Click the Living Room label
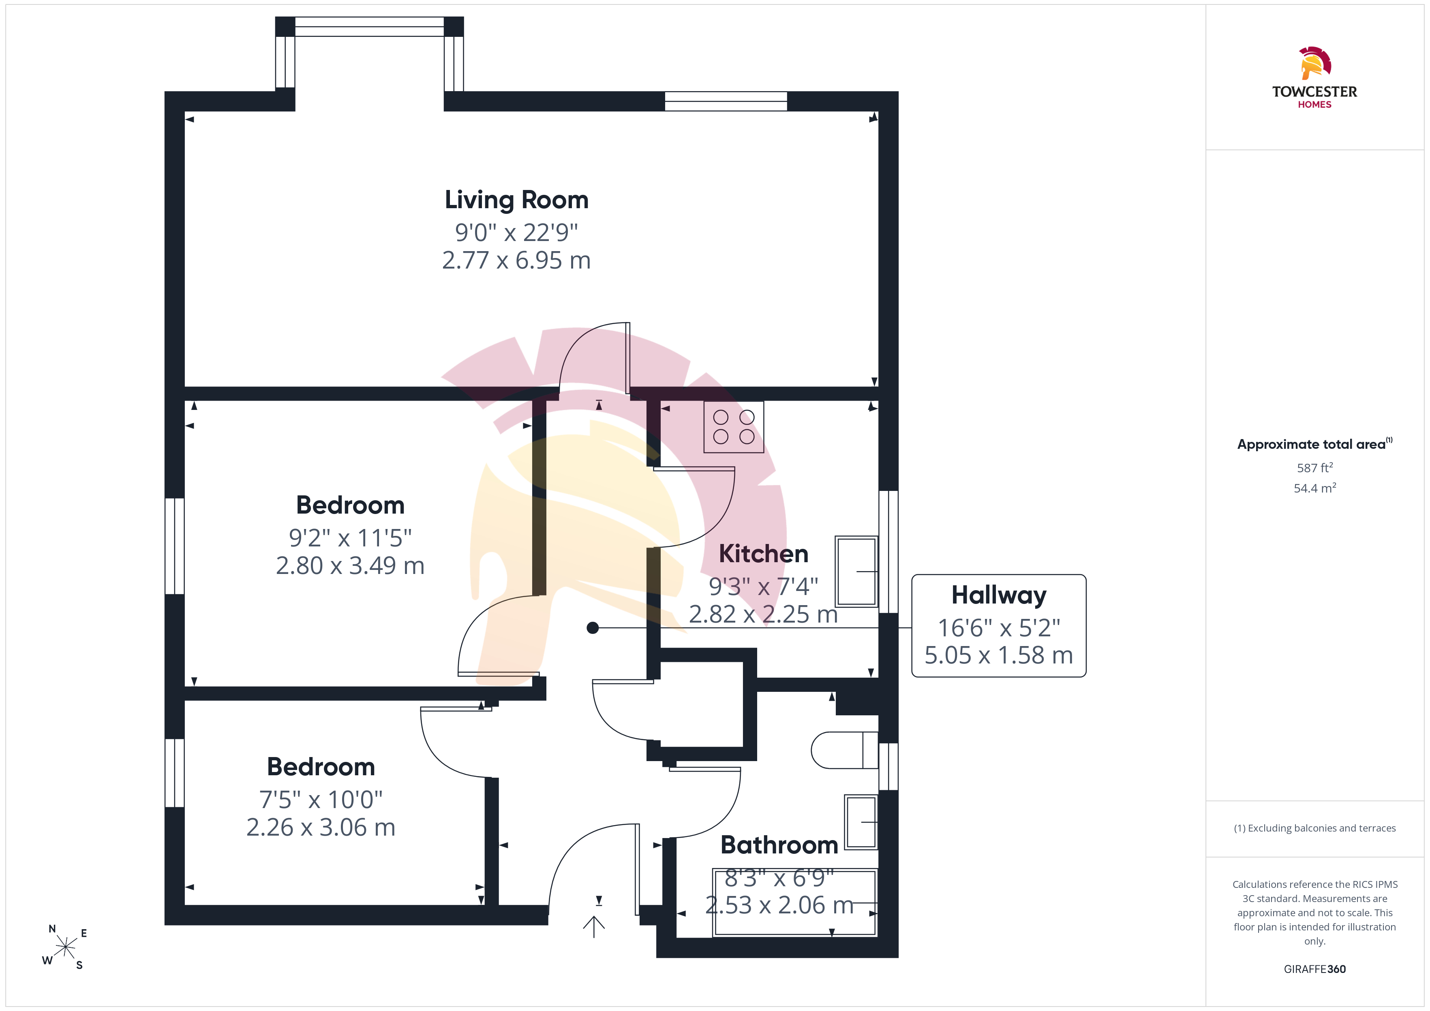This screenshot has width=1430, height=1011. (516, 200)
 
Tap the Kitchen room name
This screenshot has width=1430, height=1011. (764, 553)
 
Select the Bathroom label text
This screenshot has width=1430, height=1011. (779, 845)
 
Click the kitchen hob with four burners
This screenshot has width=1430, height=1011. (734, 427)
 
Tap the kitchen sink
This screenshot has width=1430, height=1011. (856, 571)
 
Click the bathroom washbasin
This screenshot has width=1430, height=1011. (861, 822)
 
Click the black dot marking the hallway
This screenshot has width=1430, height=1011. (592, 628)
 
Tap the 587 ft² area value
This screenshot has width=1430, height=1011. (1315, 467)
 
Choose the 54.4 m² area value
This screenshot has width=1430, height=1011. (1315, 488)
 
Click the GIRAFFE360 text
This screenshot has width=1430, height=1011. (1315, 969)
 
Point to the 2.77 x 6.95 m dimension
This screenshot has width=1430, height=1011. (516, 260)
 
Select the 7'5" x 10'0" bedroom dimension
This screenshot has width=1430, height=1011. (321, 799)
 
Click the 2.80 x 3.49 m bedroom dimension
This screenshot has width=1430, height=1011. (350, 565)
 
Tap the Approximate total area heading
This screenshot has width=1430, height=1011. (1315, 444)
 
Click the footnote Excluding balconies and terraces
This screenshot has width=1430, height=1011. (1315, 828)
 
